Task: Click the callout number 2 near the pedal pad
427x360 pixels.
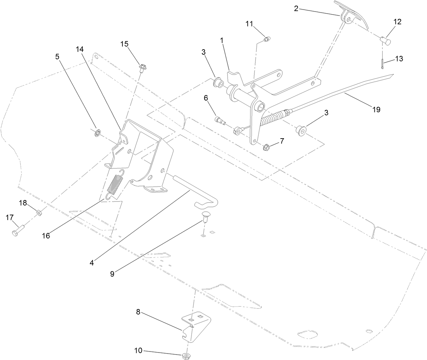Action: [x=296, y=8]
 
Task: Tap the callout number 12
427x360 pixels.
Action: [x=397, y=22]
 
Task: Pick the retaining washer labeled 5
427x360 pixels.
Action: [x=97, y=133]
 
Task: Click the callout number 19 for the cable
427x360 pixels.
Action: [x=376, y=109]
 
